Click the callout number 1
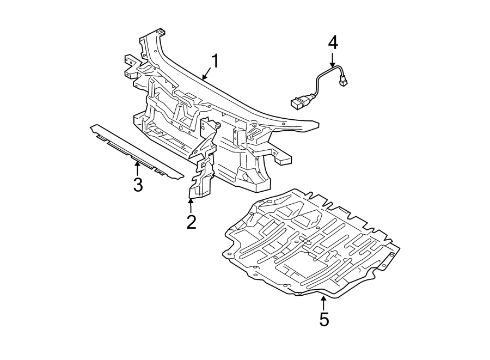[215, 61]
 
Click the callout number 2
[191, 222]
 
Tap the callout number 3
[138, 185]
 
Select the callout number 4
[333, 41]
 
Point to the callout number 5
[324, 320]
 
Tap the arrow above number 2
[191, 206]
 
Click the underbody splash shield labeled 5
[310, 245]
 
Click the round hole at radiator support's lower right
[244, 177]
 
